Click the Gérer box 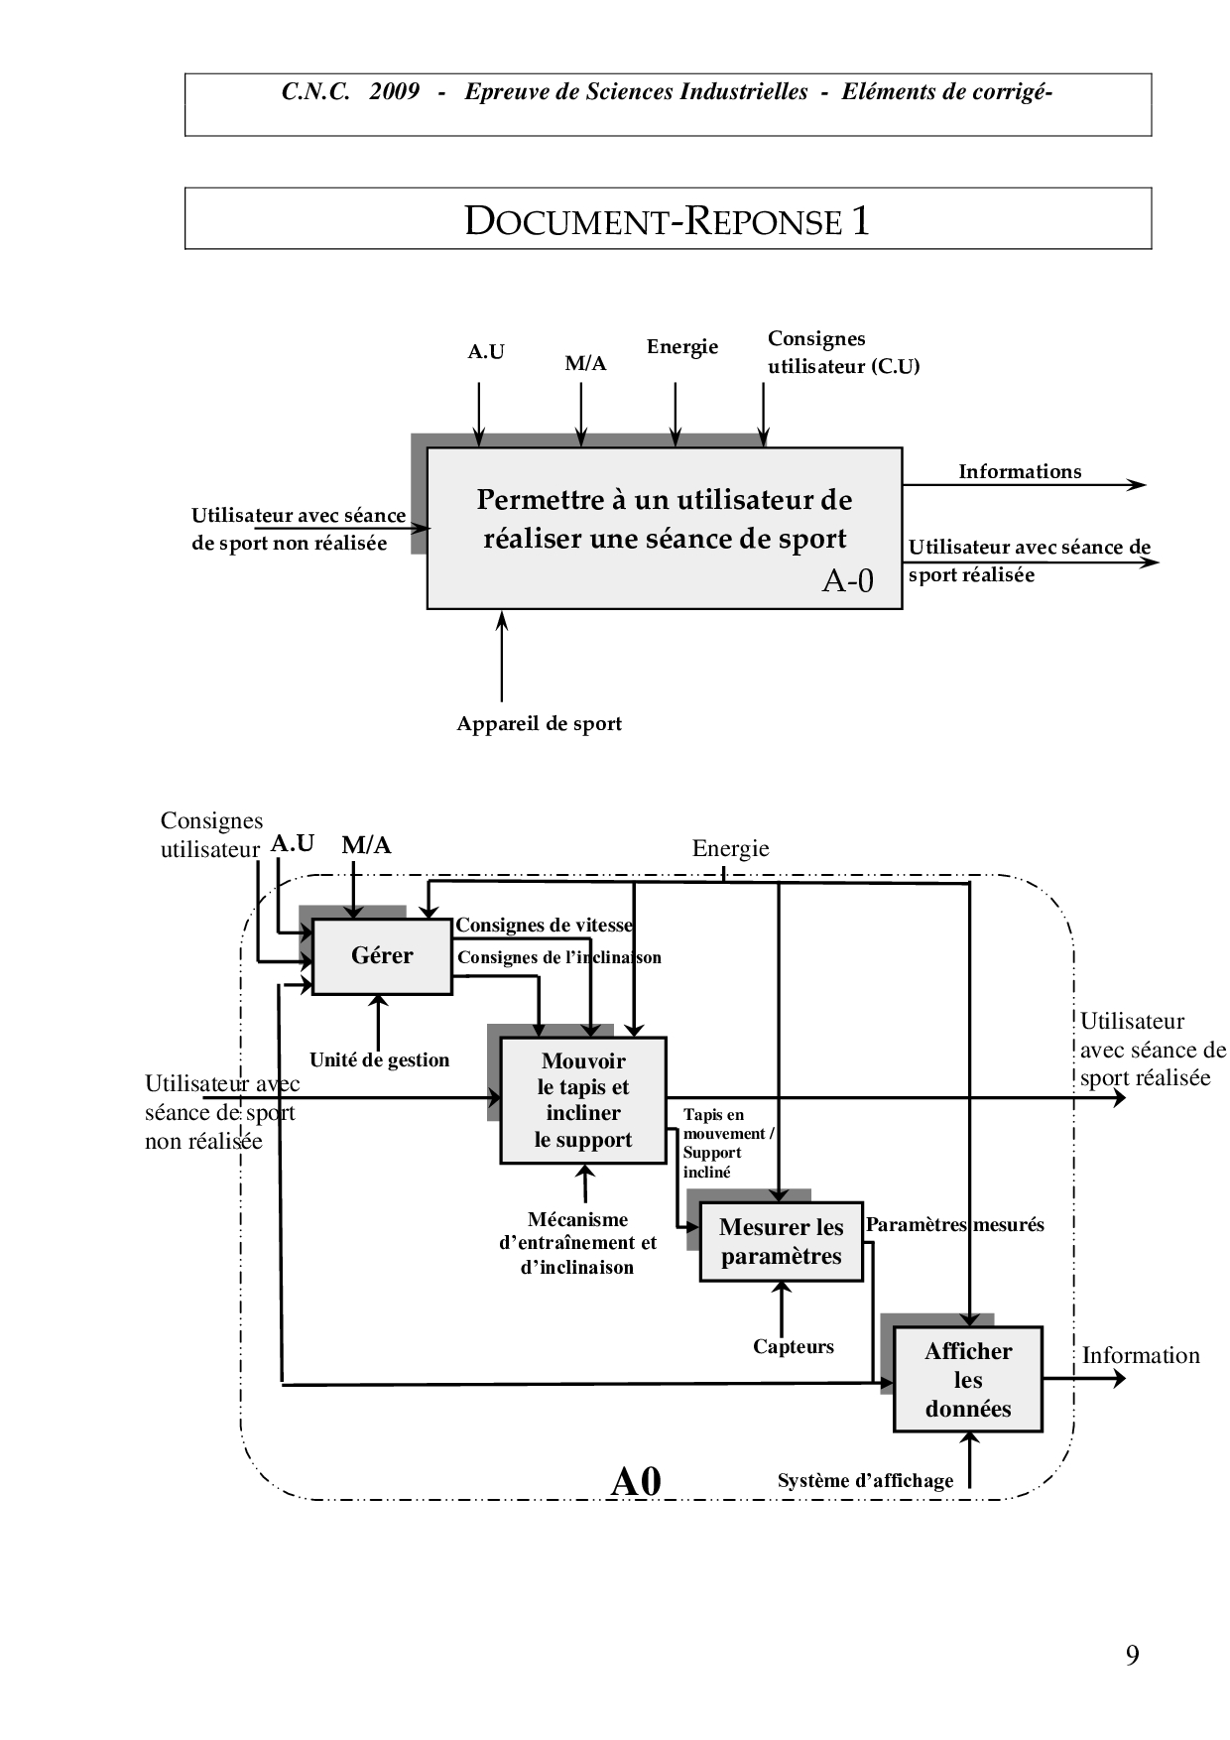(382, 956)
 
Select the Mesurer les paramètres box (781, 1242)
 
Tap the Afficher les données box (967, 1379)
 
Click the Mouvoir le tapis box (583, 1100)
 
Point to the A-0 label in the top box (847, 580)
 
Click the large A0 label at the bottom (636, 1482)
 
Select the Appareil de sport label (539, 724)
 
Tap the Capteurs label (793, 1347)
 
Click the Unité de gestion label (379, 1060)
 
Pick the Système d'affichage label (865, 1481)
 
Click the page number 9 (1132, 1656)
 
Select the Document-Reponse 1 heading (668, 220)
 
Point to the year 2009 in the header (394, 92)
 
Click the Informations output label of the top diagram (1019, 472)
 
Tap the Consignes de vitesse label (544, 926)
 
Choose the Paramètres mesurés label (954, 1225)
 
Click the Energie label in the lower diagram (730, 849)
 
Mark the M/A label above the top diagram (585, 364)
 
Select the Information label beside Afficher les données (1141, 1356)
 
